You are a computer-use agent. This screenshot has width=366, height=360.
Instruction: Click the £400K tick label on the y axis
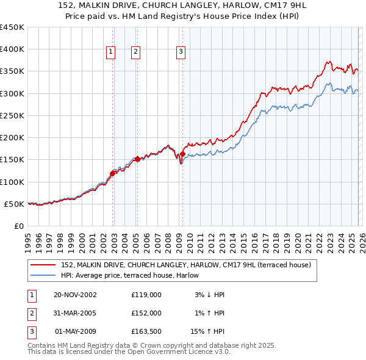coord(12,49)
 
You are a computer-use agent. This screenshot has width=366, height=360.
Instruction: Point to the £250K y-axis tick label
coord(12,115)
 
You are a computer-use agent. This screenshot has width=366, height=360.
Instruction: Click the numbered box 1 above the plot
coord(111,52)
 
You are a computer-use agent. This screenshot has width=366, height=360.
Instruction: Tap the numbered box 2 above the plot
coord(135,52)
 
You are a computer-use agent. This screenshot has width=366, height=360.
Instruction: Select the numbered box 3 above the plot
coord(181,52)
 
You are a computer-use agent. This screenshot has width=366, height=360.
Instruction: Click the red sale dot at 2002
coord(113,173)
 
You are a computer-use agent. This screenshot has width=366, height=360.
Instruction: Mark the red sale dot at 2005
coord(138,159)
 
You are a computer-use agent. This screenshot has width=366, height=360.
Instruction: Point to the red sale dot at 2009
coord(182,154)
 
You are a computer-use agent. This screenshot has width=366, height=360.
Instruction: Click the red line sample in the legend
coord(44,265)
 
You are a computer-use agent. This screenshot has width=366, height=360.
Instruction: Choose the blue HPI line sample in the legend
coord(44,275)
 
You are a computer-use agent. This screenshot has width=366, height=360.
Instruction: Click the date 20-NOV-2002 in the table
coord(75,295)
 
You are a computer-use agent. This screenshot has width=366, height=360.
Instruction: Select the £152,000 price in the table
coord(146,313)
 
